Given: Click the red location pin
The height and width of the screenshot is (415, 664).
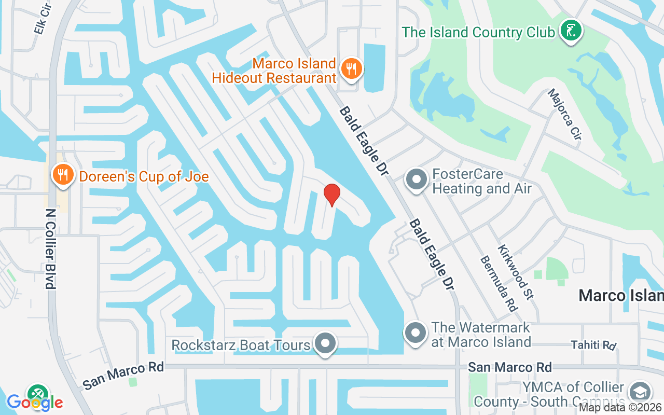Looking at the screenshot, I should pos(331,195).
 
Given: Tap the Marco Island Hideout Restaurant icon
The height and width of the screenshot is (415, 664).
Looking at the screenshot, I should pos(351,68).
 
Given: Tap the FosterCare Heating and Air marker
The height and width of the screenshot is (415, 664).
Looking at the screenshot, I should pos(416,180).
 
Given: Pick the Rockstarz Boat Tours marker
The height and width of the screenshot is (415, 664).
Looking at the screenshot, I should pos(325,343).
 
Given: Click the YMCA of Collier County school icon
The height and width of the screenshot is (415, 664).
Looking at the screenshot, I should pos(640,393).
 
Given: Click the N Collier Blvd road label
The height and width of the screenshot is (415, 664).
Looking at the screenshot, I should pos(50,248).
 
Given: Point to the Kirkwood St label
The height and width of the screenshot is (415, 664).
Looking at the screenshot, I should pos(516,272).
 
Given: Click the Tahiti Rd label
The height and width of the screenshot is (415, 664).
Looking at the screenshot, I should pos(593,345).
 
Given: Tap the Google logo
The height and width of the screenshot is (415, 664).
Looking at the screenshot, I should pos(35,402).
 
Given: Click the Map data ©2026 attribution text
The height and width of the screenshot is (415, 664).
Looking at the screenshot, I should pos(620,408).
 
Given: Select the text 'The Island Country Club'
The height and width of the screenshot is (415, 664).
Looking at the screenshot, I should pos(478,32).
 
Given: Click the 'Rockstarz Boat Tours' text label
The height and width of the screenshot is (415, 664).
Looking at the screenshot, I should pos(241,345).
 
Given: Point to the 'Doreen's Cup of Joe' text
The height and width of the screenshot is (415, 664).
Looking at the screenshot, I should pos(144,176).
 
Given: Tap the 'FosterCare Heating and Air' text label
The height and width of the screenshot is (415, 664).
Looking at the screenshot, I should pos(482,181).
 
